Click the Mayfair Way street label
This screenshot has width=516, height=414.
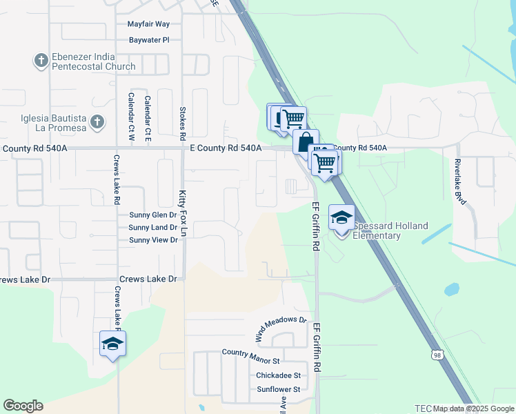(148, 23)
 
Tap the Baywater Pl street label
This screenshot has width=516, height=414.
(148, 40)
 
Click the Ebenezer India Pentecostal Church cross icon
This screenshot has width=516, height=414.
(40, 61)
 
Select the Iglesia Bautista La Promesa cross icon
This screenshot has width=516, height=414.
(97, 122)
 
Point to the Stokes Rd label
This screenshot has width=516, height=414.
(182, 121)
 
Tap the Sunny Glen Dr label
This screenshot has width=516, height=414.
(153, 215)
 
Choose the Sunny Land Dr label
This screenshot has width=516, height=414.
(153, 227)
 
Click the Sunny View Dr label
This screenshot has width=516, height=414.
(153, 240)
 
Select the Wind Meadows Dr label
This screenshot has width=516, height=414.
(281, 329)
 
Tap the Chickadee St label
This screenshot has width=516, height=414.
(278, 375)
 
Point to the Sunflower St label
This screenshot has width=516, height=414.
(278, 389)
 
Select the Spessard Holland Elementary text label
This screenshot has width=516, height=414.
(391, 230)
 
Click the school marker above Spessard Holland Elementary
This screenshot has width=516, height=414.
(341, 218)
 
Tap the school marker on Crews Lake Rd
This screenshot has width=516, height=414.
(113, 343)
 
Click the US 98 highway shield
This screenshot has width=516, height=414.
(437, 355)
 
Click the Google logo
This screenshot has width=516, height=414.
(23, 406)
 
